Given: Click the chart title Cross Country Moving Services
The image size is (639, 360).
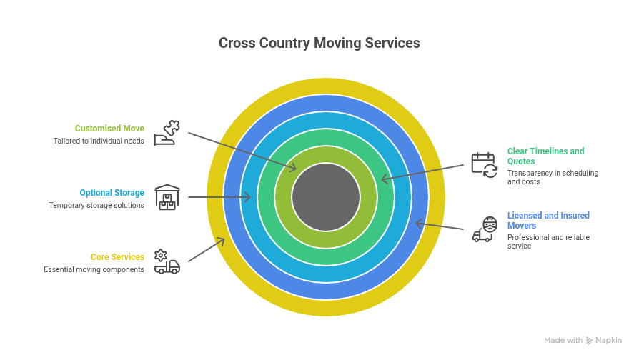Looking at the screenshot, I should [x=319, y=44].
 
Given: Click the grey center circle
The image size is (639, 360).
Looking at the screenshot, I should [x=326, y=197].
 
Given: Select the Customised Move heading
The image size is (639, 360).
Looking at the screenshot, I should [x=109, y=129].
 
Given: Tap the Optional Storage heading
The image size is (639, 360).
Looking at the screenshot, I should [x=112, y=193].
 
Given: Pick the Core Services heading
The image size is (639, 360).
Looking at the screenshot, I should [x=117, y=257].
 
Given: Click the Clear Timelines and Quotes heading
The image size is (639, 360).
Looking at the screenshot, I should [x=545, y=156].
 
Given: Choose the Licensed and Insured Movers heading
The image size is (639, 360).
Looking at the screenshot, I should [x=548, y=220].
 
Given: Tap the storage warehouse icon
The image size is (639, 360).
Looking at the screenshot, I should [x=167, y=197].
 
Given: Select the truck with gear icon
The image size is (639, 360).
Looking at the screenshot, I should [x=167, y=262].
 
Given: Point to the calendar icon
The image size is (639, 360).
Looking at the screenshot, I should [x=484, y=165].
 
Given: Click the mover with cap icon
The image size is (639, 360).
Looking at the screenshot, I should [x=485, y=229].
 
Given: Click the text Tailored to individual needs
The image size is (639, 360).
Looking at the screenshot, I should [x=99, y=141].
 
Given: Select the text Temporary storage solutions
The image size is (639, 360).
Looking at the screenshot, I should [x=96, y=205].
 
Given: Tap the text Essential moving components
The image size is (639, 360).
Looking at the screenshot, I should [x=94, y=269].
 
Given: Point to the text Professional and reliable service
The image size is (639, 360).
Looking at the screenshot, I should [x=548, y=241].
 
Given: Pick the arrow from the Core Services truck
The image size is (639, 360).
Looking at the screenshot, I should [x=207, y=249].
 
